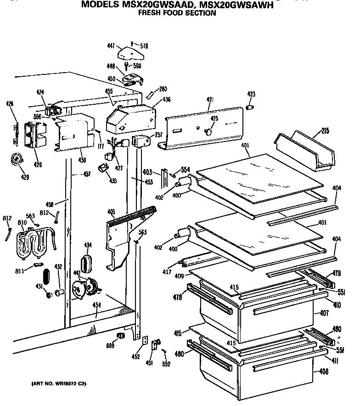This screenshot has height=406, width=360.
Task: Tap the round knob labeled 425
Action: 209,132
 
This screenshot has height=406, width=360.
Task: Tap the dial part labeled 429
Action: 18,159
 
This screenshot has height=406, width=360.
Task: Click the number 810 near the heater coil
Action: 22,223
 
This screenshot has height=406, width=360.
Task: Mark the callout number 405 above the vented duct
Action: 111,212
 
